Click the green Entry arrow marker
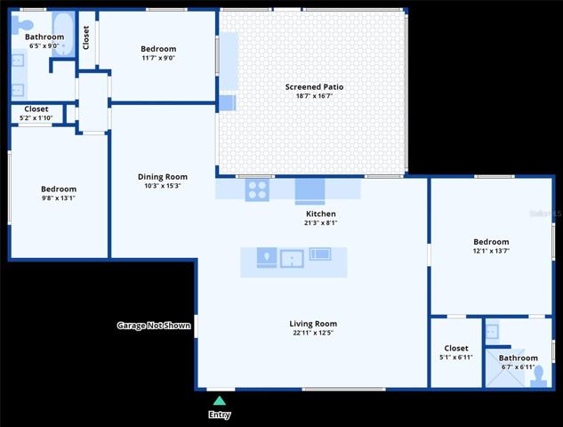coord(220,401)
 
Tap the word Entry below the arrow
coord(220,415)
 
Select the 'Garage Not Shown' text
coord(154,326)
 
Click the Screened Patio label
coord(314,87)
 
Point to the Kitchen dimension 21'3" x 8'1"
coord(321,223)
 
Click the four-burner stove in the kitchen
coord(257,190)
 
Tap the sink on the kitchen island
coord(292,259)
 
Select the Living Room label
coord(313,324)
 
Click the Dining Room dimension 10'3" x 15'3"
coord(162,186)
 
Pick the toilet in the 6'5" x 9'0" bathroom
coord(21,25)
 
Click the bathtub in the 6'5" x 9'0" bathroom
coord(63,34)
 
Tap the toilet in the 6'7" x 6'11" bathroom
coord(539,376)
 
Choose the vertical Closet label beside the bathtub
coord(85,37)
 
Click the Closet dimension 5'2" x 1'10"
coord(36,117)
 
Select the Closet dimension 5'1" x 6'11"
coord(456,358)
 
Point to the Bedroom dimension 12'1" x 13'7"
coord(491,251)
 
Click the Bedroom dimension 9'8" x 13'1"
coord(59,197)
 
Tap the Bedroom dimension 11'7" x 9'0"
coord(158,58)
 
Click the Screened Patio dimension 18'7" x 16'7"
coord(314,96)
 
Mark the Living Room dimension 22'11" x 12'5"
coord(313,333)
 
